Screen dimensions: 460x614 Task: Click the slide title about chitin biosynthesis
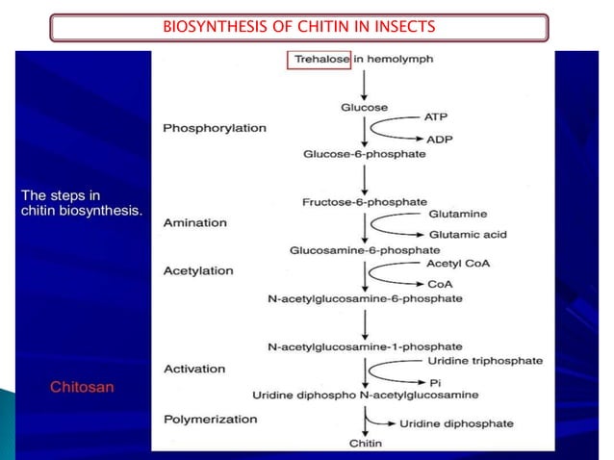click(x=297, y=27)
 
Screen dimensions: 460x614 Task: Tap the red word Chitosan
click(x=82, y=387)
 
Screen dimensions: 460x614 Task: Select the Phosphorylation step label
click(x=214, y=127)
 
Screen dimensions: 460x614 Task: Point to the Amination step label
click(x=194, y=222)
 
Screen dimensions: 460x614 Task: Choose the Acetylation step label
click(x=198, y=270)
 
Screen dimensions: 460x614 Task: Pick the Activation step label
click(x=194, y=369)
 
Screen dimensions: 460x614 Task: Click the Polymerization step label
click(x=210, y=419)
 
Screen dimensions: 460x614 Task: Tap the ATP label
click(x=435, y=115)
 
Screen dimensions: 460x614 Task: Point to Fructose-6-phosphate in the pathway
click(x=364, y=202)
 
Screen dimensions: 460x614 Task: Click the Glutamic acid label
click(x=468, y=234)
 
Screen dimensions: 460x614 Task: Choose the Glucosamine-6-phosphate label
click(x=364, y=250)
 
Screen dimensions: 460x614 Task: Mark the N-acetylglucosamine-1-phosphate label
click(x=364, y=346)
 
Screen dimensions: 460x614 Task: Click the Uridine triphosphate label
click(x=483, y=361)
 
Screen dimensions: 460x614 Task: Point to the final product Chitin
click(x=364, y=443)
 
